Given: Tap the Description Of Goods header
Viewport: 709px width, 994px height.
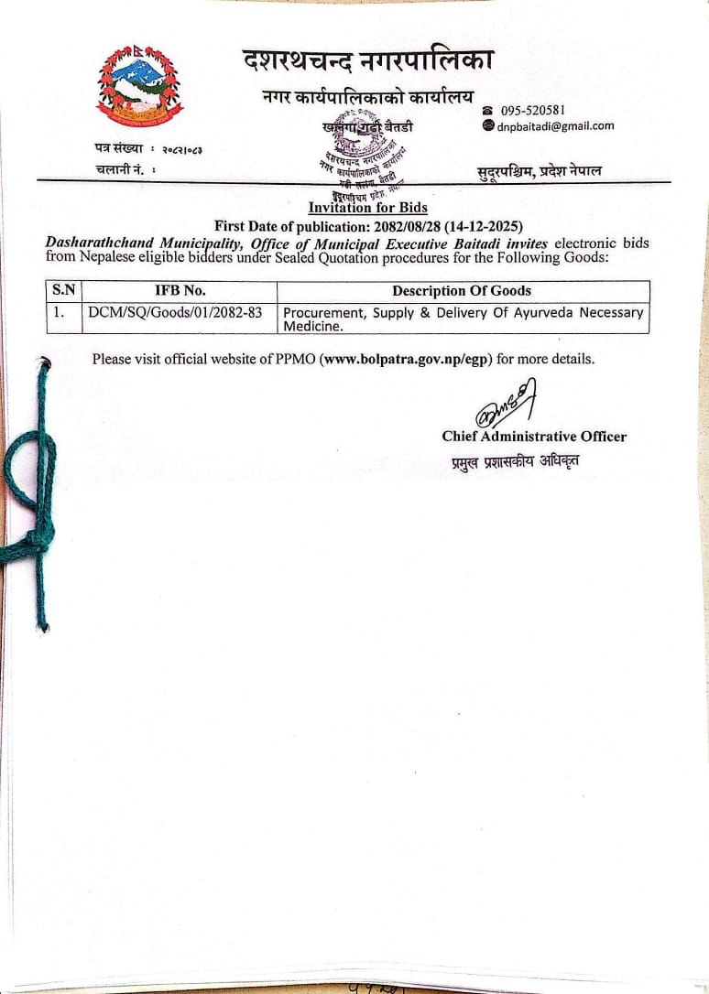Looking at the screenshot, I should click(x=461, y=291).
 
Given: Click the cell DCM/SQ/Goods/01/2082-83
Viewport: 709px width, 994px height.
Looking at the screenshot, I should click(x=175, y=312).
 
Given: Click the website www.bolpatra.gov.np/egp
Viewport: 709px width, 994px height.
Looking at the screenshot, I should click(x=407, y=359).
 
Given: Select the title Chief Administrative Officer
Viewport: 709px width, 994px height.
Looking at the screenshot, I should click(x=534, y=437).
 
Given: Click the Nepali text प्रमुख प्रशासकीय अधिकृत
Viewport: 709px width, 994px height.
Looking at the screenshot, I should click(x=514, y=460).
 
